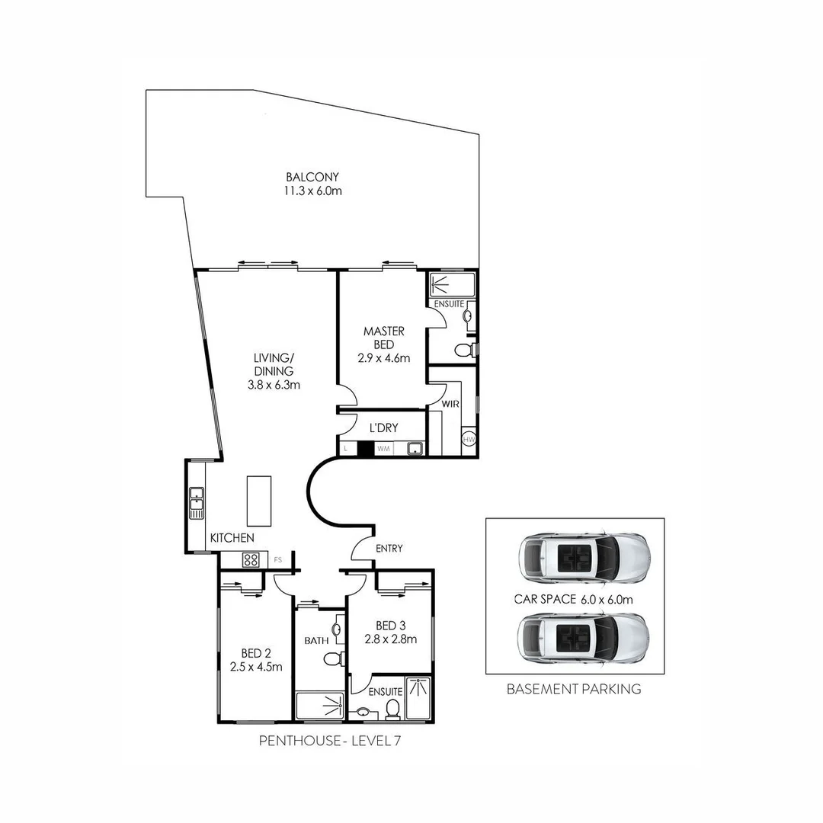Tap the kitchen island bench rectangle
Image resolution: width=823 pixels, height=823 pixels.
coord(258,501)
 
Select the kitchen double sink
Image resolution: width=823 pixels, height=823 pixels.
coord(197,502)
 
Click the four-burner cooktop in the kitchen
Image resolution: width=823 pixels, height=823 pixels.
coord(251,560)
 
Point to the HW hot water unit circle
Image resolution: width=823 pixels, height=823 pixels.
coord(469,440)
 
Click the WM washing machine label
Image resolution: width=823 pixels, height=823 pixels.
coord(383,449)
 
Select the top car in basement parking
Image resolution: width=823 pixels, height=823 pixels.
coord(583,556)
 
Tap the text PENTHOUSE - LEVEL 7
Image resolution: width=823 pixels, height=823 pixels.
coord(328,740)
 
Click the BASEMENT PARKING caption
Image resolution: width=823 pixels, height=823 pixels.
coord(574,689)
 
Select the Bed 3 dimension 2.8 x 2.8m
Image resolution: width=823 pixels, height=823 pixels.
coord(390,639)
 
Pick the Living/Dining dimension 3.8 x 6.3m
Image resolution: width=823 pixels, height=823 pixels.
coord(274,385)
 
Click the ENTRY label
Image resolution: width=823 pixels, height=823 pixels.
coord(389,548)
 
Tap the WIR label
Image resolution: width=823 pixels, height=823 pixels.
coord(450,404)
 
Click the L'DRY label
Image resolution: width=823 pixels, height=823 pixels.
coord(383,428)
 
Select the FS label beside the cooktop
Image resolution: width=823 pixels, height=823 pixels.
coord(278,560)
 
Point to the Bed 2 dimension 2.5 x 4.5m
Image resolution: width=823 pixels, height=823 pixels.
coord(256,666)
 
